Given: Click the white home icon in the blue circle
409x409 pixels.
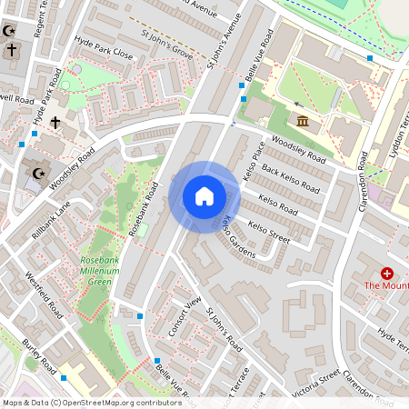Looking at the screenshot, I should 204,196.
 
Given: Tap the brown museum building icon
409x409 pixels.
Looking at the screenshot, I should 302,122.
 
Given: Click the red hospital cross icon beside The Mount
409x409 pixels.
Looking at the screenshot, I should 387,273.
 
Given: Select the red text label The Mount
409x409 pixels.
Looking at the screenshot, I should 386,286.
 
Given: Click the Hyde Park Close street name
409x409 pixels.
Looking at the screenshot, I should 104,55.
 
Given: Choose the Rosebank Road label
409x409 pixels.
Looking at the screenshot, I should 144,209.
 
